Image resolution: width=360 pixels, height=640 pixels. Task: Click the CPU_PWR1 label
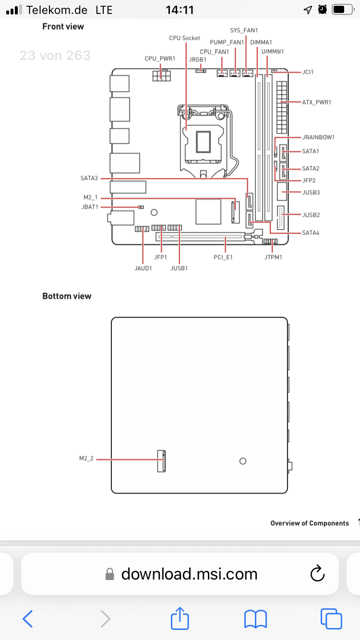pos(160,59)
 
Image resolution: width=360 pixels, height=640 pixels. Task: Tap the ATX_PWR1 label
pos(316,102)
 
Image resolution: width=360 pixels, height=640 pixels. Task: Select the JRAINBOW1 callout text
pos(318,137)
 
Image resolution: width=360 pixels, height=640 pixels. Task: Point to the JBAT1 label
pos(90,207)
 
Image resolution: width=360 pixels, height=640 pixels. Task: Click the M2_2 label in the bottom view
pos(86,458)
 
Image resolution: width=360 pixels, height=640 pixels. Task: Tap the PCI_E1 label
pos(223,257)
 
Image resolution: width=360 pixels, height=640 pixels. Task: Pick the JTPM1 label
pos(273,257)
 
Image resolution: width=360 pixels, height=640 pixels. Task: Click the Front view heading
pos(63,26)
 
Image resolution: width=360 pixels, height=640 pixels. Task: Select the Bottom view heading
pos(67,296)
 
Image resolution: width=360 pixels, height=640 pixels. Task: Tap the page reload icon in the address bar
pos(317,573)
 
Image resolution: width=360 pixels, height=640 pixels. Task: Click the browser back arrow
pos(28,619)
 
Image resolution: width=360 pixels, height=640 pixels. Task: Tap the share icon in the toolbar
pos(180,618)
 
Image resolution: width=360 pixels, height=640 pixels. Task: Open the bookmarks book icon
pos(256,619)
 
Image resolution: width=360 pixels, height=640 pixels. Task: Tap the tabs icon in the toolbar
pos(331,619)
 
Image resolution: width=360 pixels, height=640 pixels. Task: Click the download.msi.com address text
pos(189,574)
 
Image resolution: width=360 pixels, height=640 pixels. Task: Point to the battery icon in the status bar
pos(343,10)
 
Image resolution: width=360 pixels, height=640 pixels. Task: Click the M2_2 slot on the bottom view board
pos(161,461)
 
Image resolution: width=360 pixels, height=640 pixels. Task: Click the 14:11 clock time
pos(180,10)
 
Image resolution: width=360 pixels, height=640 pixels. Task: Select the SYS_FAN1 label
pos(244,30)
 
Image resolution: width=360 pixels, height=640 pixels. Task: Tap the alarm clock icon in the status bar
pos(322,10)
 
